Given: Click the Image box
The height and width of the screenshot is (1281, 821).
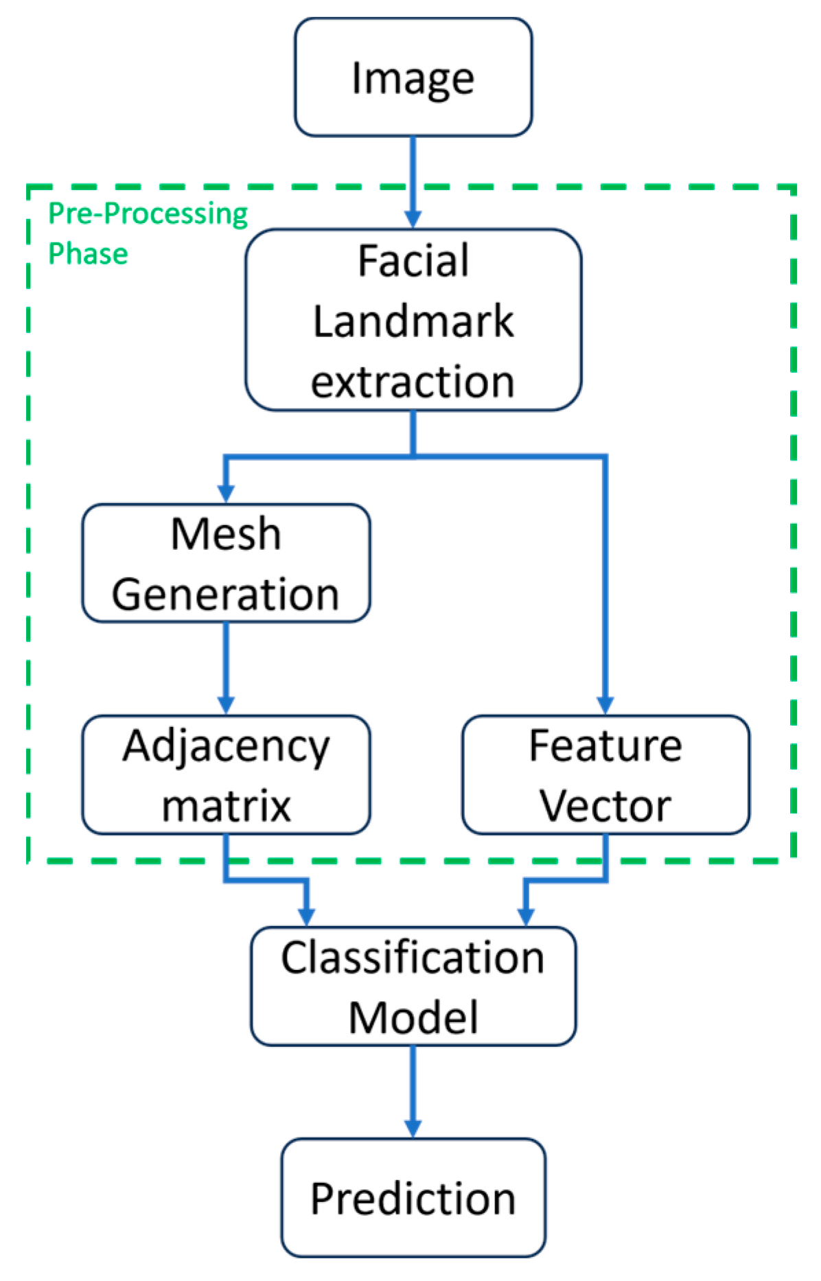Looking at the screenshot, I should coord(413,77).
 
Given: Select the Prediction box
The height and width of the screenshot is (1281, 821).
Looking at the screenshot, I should coord(413,1197).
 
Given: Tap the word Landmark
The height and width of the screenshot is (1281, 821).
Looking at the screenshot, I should coord(413,321).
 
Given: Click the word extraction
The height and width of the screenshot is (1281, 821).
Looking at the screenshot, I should coord(413,382).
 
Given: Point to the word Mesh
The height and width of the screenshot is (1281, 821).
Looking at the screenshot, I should coord(226,534).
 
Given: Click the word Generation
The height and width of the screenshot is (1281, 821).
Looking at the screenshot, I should coord(226,594).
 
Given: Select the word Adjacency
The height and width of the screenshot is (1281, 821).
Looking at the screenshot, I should coord(226,747).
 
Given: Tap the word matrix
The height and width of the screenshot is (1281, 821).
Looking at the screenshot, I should coord(226,806).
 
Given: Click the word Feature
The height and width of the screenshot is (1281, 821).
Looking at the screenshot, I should coord(605,746).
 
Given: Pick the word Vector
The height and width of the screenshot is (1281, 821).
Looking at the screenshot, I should coord(605,806).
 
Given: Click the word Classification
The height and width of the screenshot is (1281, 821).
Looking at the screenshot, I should coord(413,958).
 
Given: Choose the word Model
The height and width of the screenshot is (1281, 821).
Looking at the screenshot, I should coord(413,1017).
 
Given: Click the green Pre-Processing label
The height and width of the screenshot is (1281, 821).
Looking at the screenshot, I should coord(148,214).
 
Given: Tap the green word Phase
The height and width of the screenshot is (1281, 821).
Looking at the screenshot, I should coord(88,254).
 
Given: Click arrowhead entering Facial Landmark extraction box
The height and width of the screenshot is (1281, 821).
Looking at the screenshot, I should coord(413,219).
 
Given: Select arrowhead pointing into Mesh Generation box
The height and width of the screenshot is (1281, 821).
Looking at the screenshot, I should coord(226,494).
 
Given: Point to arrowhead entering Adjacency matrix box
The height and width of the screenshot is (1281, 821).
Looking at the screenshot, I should coord(226,705).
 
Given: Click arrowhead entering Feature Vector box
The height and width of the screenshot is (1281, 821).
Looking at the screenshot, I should coord(605,705).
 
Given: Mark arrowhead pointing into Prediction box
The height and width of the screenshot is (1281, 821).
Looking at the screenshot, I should coord(413,1128).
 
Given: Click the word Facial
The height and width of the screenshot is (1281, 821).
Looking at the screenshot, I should coord(413,262).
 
